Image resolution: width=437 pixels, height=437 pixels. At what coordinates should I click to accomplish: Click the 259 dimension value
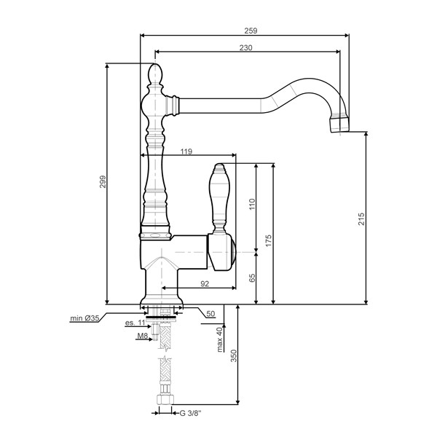click(x=251, y=31)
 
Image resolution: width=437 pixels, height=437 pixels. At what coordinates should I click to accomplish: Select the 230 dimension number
click(x=246, y=47)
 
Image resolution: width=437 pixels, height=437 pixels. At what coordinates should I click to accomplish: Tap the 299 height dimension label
click(x=103, y=181)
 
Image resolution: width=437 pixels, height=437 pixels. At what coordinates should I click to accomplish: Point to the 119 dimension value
click(x=186, y=151)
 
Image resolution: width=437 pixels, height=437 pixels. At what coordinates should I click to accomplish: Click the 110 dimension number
click(x=252, y=204)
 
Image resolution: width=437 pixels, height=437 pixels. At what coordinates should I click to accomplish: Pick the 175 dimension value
click(x=268, y=240)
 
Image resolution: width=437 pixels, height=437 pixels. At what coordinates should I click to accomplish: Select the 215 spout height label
click(x=361, y=219)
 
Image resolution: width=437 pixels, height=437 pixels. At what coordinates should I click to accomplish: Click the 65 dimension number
click(x=252, y=278)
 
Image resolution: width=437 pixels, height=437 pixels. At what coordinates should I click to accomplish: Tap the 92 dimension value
click(x=205, y=284)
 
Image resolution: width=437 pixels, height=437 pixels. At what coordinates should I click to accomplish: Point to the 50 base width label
click(x=210, y=314)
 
